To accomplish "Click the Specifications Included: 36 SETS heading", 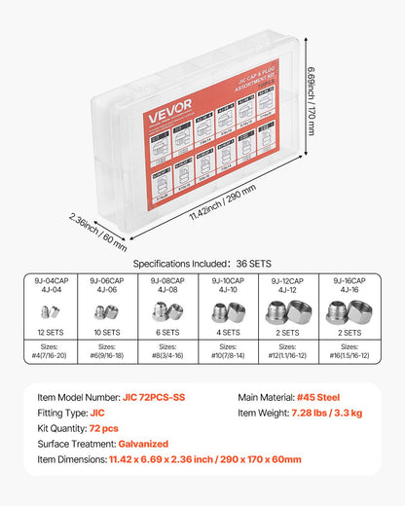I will (202, 262).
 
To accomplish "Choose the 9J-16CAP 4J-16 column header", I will (350, 283).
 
